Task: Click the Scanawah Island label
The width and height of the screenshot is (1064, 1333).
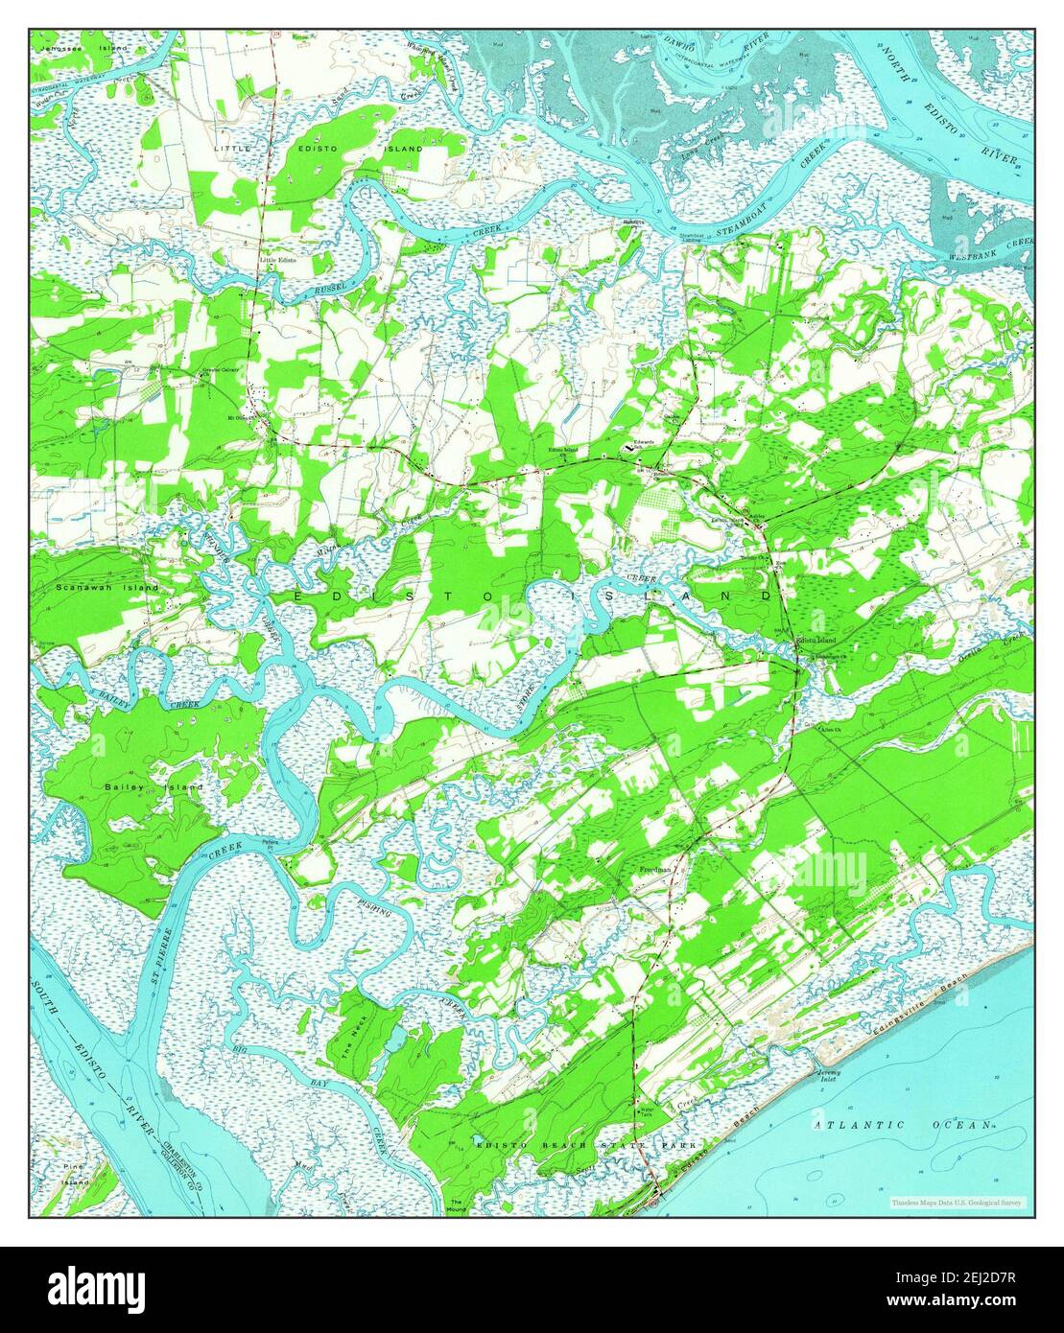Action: [x=93, y=587]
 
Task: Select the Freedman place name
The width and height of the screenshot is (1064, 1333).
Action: [x=654, y=870]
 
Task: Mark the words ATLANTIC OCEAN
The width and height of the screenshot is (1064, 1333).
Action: [x=901, y=1124]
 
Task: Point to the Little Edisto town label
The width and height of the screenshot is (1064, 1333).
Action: [x=277, y=260]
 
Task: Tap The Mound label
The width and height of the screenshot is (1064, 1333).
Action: [x=458, y=1204]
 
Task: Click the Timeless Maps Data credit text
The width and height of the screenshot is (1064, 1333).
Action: [x=956, y=1202]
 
